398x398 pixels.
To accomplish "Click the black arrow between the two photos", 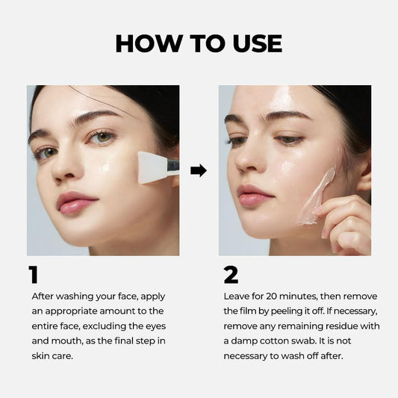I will point(199,170).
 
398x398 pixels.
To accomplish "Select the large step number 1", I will point(33,276).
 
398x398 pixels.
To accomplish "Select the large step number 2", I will point(231,276).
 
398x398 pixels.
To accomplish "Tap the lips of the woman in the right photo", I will point(255,196).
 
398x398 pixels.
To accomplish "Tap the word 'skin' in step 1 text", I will point(43,356).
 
